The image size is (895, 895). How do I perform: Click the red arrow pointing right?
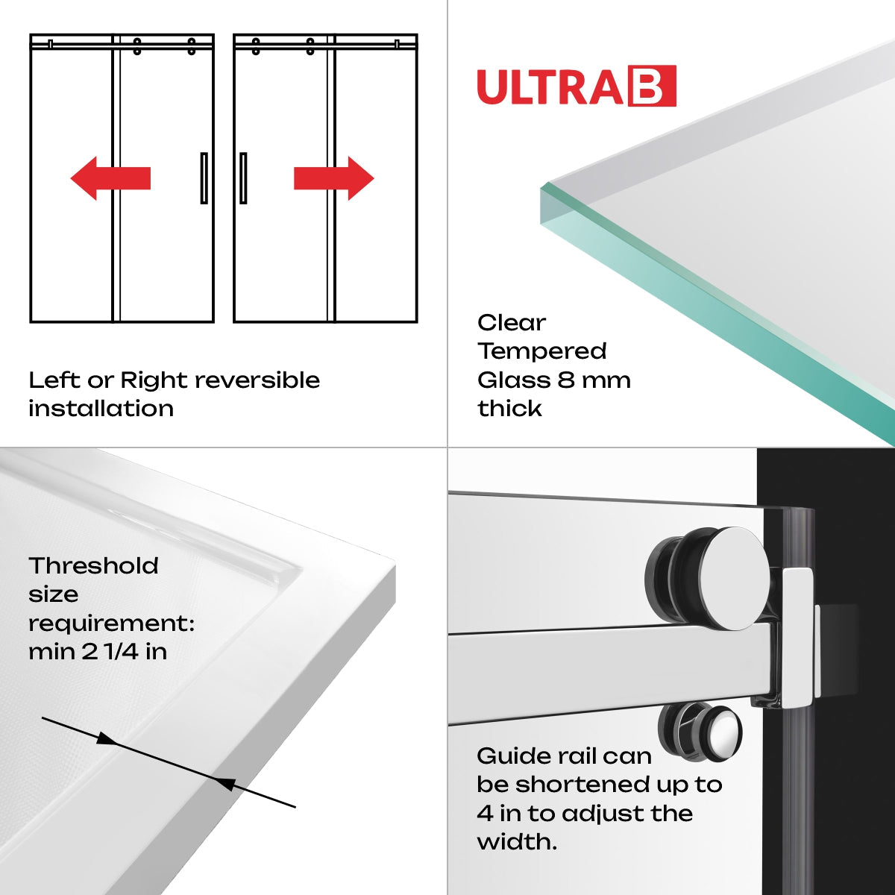coord(333,178)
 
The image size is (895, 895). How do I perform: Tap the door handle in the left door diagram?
coord(204,178)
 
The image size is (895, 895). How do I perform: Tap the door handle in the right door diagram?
coord(243,178)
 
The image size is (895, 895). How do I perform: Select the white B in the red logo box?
coord(653,87)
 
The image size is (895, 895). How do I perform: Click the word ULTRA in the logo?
coord(550,87)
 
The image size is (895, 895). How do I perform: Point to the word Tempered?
coord(542,351)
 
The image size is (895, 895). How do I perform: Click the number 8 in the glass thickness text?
coord(565,380)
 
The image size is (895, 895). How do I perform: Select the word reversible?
coord(257,380)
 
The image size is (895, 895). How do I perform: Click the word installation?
coord(101,409)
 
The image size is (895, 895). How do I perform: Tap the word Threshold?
coord(93,565)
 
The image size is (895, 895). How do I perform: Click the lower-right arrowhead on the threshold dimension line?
coord(224,782)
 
